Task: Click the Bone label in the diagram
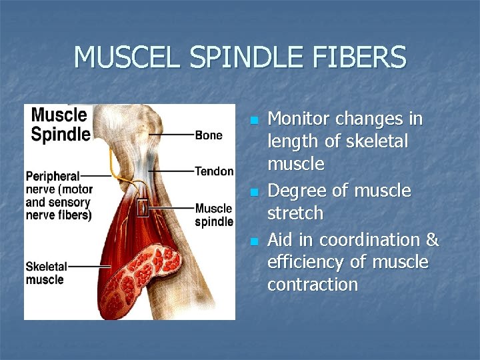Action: [x=209, y=135]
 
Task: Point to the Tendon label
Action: [x=214, y=171]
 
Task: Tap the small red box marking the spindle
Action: [x=143, y=209]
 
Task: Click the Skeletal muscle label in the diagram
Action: [x=45, y=273]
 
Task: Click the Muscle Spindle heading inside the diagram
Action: [x=60, y=124]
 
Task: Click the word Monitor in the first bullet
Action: [x=299, y=119]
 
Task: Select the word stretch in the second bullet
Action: [x=295, y=214]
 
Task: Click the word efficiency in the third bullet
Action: [x=307, y=263]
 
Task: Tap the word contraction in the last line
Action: [x=313, y=285]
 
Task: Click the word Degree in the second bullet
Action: [x=295, y=191]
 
